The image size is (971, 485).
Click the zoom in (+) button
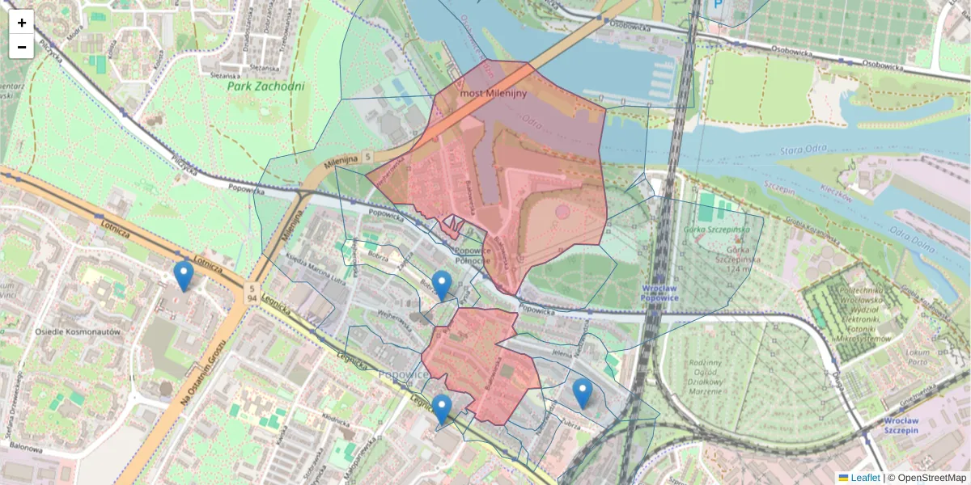(x=22, y=23)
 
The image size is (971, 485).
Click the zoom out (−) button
(x=22, y=47)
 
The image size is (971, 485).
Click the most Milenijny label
(x=493, y=94)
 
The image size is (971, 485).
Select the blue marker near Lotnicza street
(x=184, y=276)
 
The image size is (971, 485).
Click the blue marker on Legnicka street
(x=441, y=409)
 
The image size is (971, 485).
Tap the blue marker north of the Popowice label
(x=441, y=285)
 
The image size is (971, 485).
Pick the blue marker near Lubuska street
(x=582, y=393)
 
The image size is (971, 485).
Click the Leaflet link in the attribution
(x=864, y=478)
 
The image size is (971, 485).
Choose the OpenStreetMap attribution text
(x=931, y=478)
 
